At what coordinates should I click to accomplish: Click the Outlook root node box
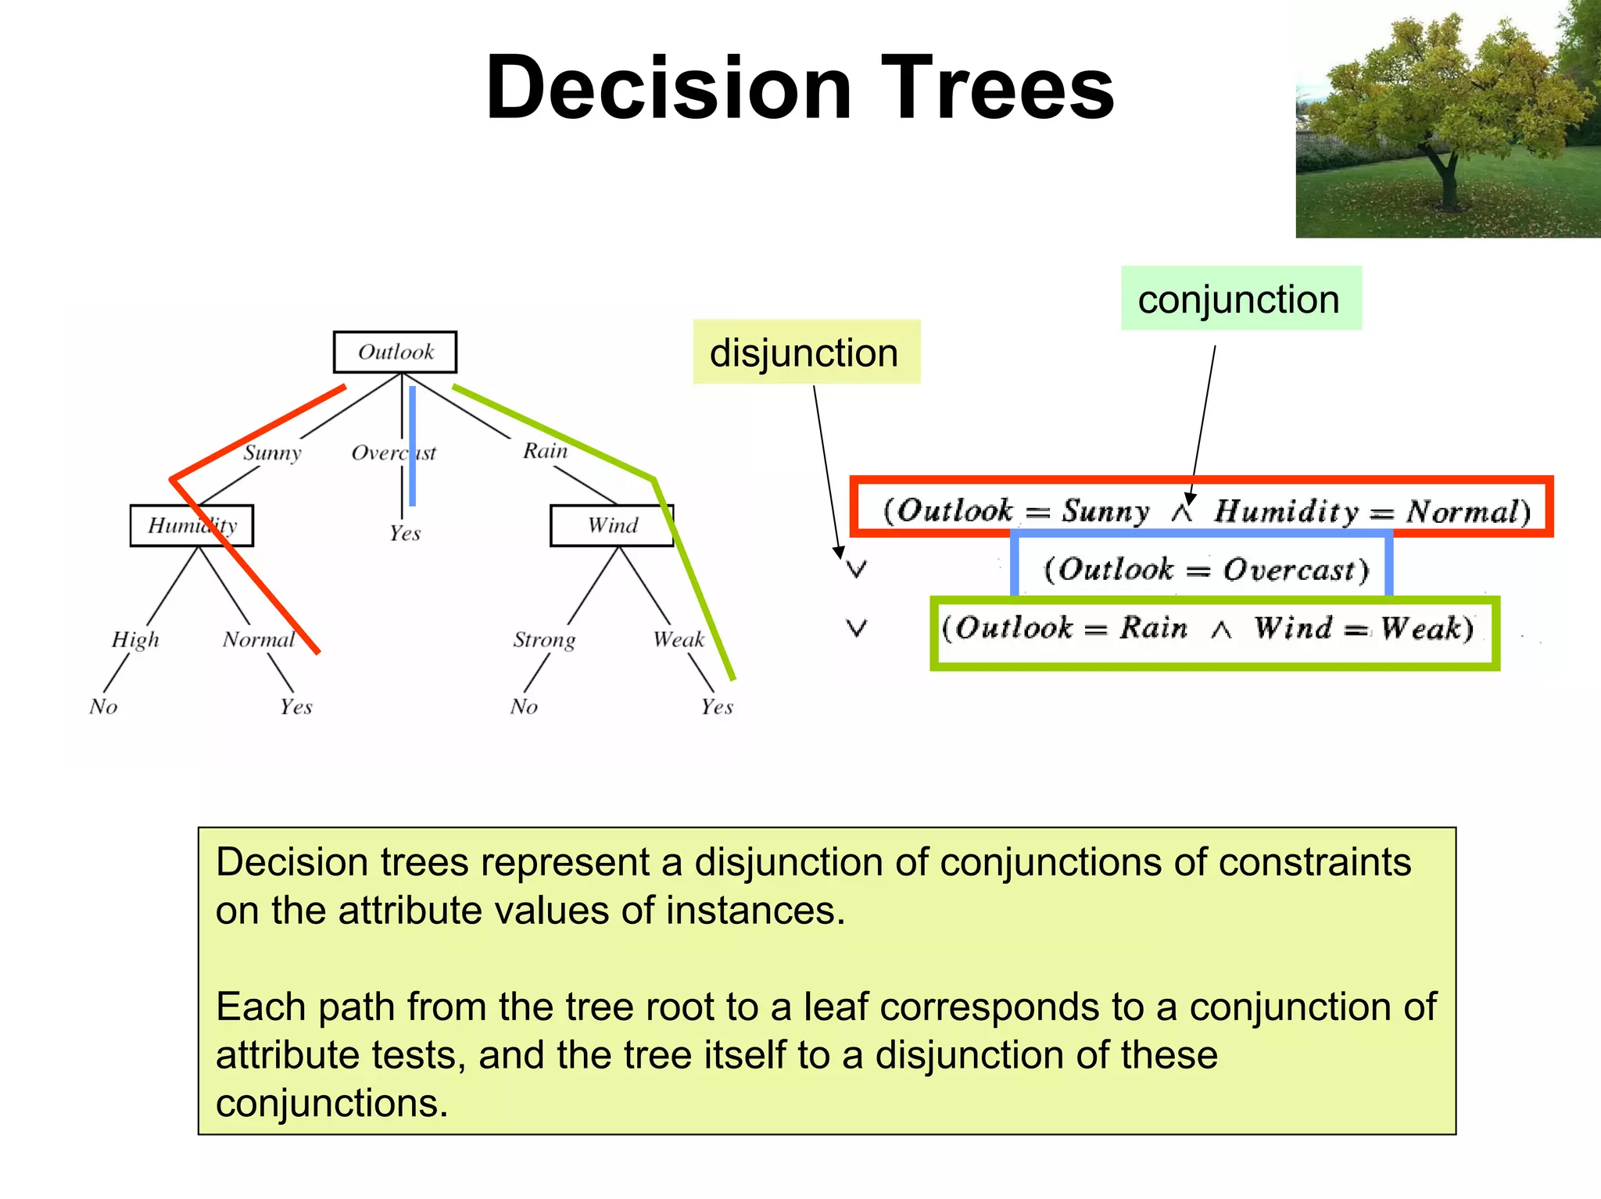pos(395,352)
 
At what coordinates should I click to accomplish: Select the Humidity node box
pos(192,525)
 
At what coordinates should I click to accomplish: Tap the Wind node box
pos(612,525)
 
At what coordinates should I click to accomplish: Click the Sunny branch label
pos(272,453)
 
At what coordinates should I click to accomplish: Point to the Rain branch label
pos(545,451)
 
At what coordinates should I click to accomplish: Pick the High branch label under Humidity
pos(135,639)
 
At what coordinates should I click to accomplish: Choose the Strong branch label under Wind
pos(544,639)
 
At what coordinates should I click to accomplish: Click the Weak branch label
pos(679,639)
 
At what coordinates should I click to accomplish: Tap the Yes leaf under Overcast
pos(405,533)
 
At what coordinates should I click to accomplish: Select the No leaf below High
pos(103,707)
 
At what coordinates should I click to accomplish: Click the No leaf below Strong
pos(524,707)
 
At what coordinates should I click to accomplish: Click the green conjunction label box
pos(1241,299)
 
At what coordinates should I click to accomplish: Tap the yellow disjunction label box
pos(806,352)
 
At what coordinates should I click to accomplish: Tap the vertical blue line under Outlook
pos(412,446)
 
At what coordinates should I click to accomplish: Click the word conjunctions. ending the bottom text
pos(331,1103)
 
